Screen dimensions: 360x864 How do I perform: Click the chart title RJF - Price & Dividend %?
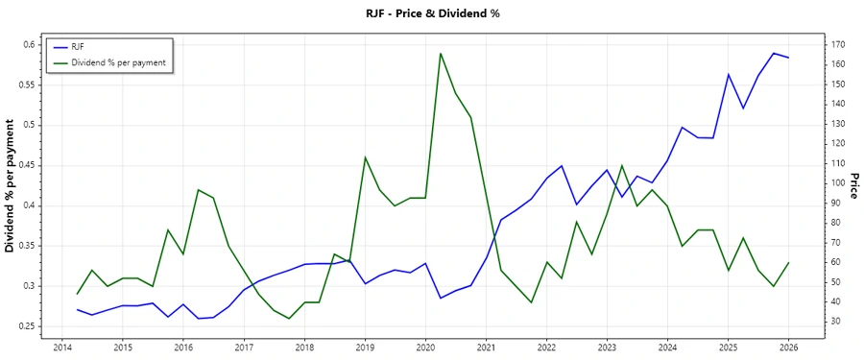(433, 13)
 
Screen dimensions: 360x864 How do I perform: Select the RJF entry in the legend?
(79, 46)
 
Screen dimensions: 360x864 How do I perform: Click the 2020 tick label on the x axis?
(425, 347)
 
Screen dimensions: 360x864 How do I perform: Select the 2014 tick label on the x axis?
(62, 347)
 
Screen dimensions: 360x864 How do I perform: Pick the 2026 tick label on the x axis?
(788, 347)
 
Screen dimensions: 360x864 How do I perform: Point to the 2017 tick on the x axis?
(244, 347)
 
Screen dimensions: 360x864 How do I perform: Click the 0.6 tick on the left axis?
(29, 44)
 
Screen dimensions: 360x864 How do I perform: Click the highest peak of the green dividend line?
(441, 54)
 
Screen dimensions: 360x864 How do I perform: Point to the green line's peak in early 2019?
(365, 157)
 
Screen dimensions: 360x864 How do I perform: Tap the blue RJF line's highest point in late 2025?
(774, 53)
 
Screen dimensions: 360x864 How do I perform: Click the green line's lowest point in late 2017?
(289, 319)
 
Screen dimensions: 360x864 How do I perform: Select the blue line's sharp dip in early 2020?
(441, 298)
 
